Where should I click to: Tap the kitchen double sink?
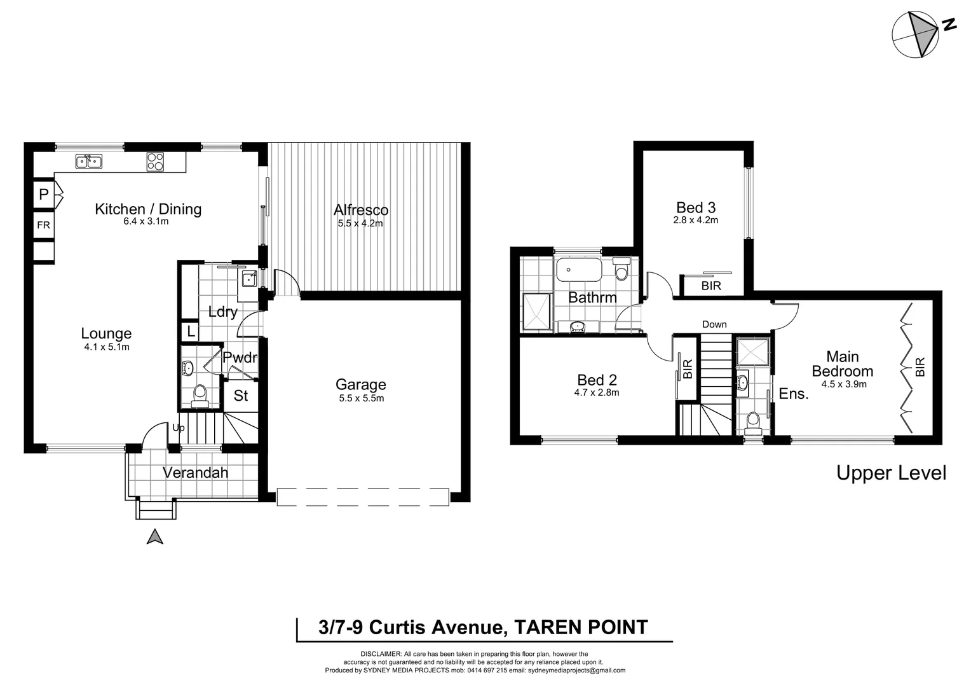tap(89, 162)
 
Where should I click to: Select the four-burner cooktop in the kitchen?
tap(155, 162)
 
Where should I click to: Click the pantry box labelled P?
tap(43, 195)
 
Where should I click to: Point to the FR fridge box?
tap(43, 225)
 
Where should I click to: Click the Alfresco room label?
tap(361, 210)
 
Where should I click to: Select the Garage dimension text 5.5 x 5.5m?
tap(361, 398)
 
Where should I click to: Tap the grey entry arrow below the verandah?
tap(155, 537)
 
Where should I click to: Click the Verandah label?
tap(195, 473)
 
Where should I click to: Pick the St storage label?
tap(241, 396)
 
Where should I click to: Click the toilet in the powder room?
tap(200, 394)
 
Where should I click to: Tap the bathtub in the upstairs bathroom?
tap(578, 270)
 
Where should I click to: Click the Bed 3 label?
tap(695, 207)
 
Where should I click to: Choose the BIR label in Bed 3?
tap(711, 286)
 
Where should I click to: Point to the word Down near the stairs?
tap(714, 324)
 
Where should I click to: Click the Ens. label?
tap(793, 394)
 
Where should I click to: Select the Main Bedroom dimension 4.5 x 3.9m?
tap(843, 384)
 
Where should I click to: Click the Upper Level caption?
tap(891, 473)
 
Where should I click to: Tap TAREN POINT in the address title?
tap(580, 628)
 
